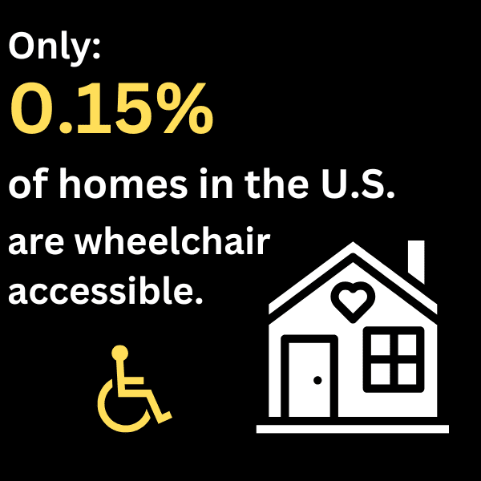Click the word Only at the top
(x=54, y=50)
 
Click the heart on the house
(x=353, y=301)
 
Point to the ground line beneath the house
(x=352, y=429)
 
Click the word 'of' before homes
(x=29, y=186)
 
